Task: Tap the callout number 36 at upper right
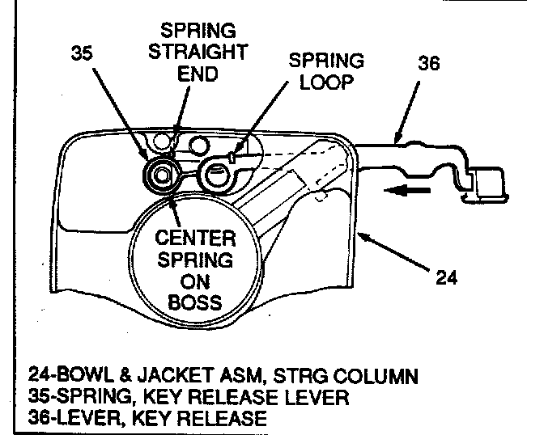click(428, 62)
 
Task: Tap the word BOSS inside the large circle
click(195, 304)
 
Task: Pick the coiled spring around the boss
click(163, 175)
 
